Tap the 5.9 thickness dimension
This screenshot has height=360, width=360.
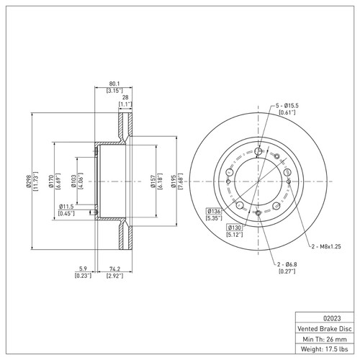click(83, 270)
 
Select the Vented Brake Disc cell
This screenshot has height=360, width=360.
click(325, 328)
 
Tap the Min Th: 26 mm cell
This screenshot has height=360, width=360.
click(325, 338)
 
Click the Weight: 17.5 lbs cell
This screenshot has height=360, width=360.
click(325, 349)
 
